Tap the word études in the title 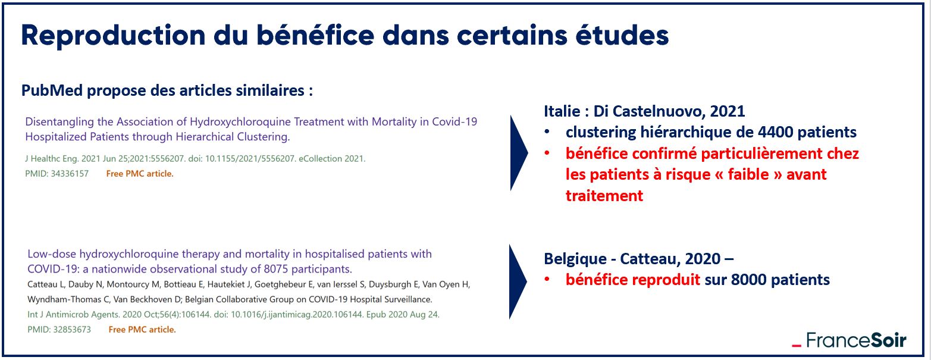[622, 35]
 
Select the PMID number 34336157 [70, 174]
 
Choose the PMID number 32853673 [72, 330]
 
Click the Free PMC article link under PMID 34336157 [140, 174]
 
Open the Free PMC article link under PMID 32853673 [142, 330]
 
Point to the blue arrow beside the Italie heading [518, 153]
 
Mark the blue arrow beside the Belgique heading [518, 282]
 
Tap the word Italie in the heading [562, 111]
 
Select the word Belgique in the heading [575, 259]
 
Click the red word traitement [604, 195]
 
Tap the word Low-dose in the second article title [52, 254]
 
